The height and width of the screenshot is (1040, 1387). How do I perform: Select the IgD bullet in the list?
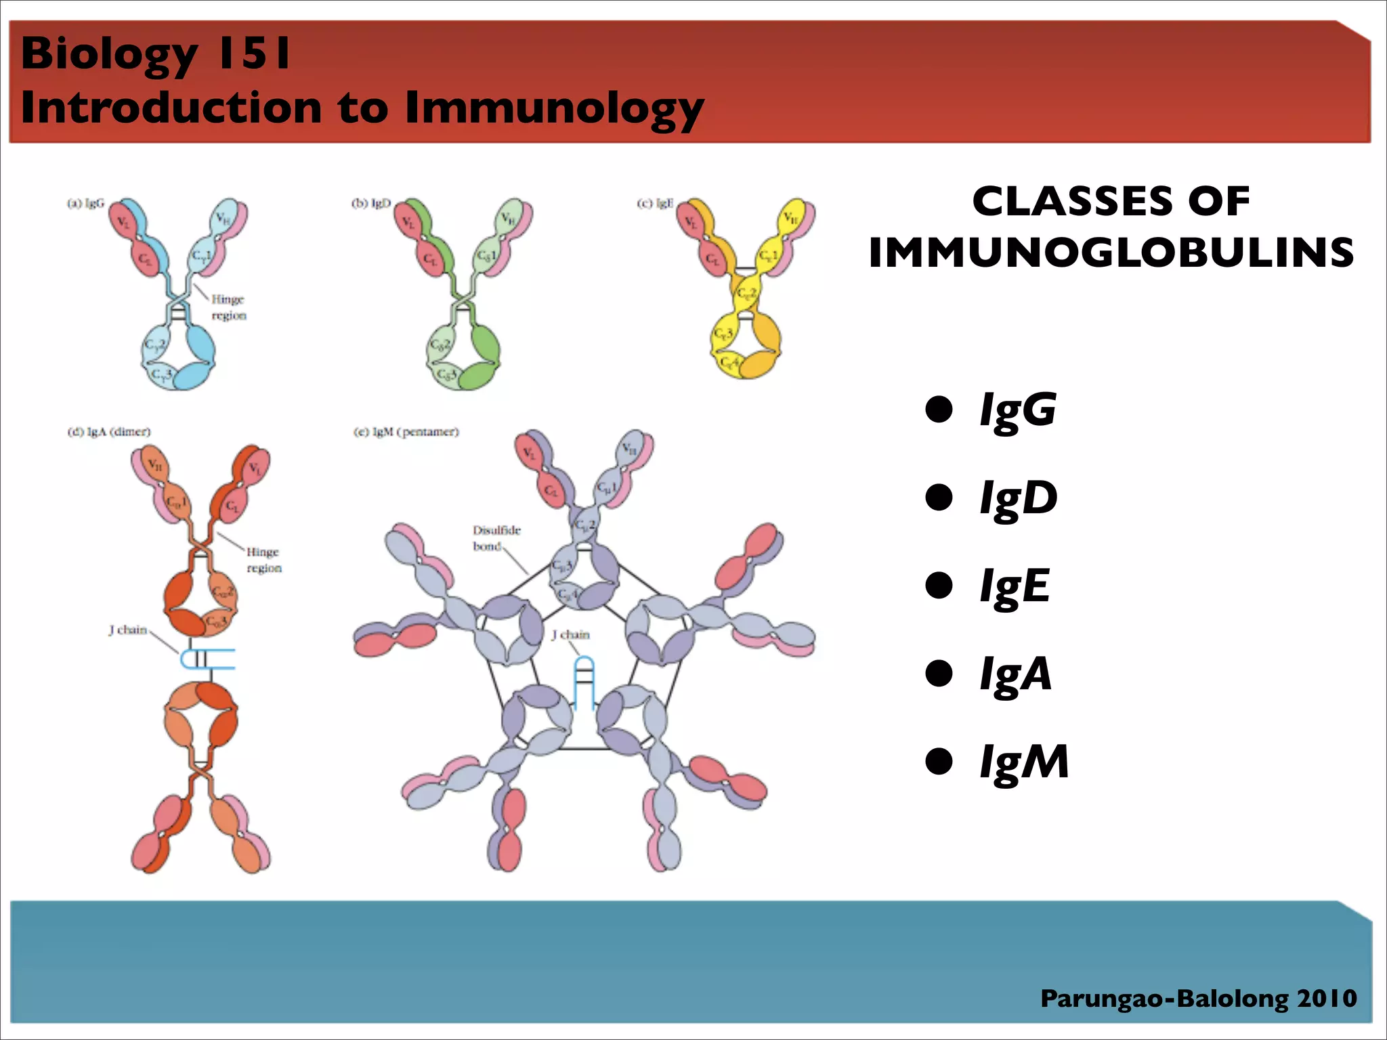tap(1018, 498)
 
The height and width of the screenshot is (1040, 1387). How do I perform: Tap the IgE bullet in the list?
tap(1015, 586)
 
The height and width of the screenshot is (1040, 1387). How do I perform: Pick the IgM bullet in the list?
tap(1023, 762)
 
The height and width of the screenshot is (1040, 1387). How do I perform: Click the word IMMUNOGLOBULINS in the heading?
tap(1111, 253)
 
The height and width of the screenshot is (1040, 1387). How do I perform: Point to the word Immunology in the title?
tap(555, 108)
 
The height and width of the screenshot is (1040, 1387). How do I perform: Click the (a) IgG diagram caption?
tap(86, 203)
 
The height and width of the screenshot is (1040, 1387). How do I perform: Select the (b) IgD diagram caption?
tap(371, 203)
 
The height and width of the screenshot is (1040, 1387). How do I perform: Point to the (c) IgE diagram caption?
tap(655, 203)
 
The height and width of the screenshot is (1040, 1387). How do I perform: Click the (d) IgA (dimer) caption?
tap(109, 432)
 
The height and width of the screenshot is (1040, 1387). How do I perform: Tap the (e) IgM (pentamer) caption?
tap(406, 432)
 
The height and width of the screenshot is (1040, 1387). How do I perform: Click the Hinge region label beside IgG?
tap(228, 307)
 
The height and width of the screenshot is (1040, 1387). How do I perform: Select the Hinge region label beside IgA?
tap(263, 560)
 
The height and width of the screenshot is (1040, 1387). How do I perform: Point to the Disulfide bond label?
tap(496, 538)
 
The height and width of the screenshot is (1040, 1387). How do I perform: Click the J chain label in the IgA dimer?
tap(128, 630)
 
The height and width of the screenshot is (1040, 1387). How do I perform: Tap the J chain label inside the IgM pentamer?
tap(570, 634)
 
